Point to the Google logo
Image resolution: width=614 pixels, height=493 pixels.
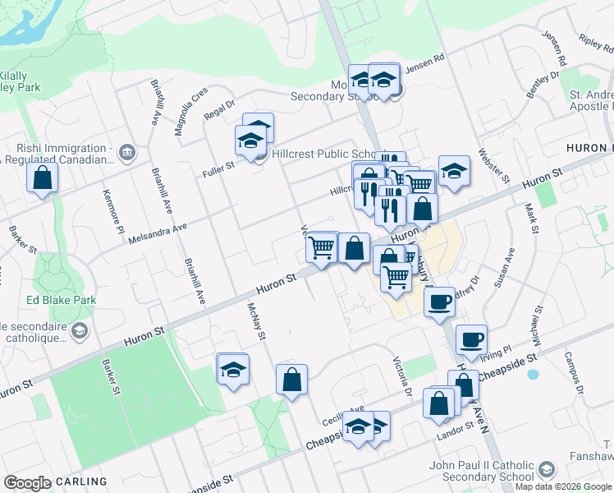coord(27,482)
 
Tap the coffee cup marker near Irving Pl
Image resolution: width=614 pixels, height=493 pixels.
coord(472,339)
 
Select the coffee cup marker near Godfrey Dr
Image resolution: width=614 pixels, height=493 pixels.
coord(439,302)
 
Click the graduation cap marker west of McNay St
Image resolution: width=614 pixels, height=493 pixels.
coord(233,369)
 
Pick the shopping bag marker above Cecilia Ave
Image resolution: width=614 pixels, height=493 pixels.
coord(291,380)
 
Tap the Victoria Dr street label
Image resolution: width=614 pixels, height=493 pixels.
coord(402,374)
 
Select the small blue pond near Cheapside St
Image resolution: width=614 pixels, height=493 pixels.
coord(533,374)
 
